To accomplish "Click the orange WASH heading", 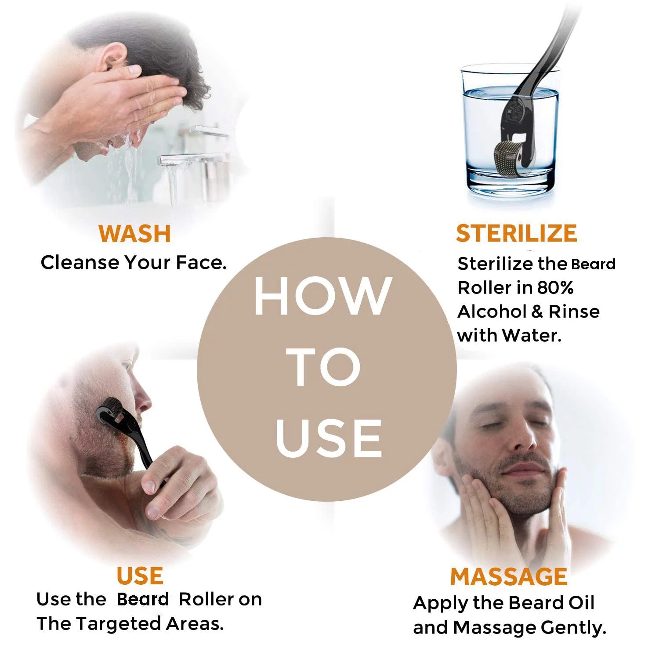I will click(x=134, y=234).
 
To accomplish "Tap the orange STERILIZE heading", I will click(x=516, y=233).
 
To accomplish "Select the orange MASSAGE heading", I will click(x=508, y=576).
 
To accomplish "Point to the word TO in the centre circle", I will click(x=326, y=367).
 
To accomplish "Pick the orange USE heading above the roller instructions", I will click(x=140, y=576).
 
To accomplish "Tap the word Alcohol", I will click(x=492, y=311).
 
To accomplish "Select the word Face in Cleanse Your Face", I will click(x=201, y=263).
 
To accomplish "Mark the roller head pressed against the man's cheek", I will click(x=109, y=409).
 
